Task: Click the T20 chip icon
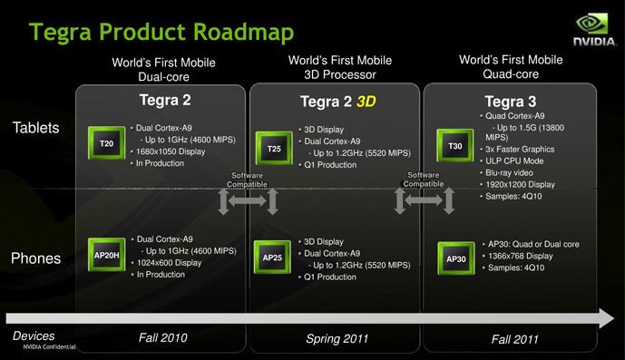pos(105,143)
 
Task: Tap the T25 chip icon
pos(273,148)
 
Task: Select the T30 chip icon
pos(455,145)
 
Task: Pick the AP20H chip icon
pos(105,256)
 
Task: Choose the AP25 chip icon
pos(273,258)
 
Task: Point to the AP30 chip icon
pos(455,258)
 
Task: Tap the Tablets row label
pos(36,128)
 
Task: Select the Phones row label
pos(35,258)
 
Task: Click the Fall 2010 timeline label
pos(163,338)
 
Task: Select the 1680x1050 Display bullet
pos(172,151)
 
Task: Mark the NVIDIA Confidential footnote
pos(49,348)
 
